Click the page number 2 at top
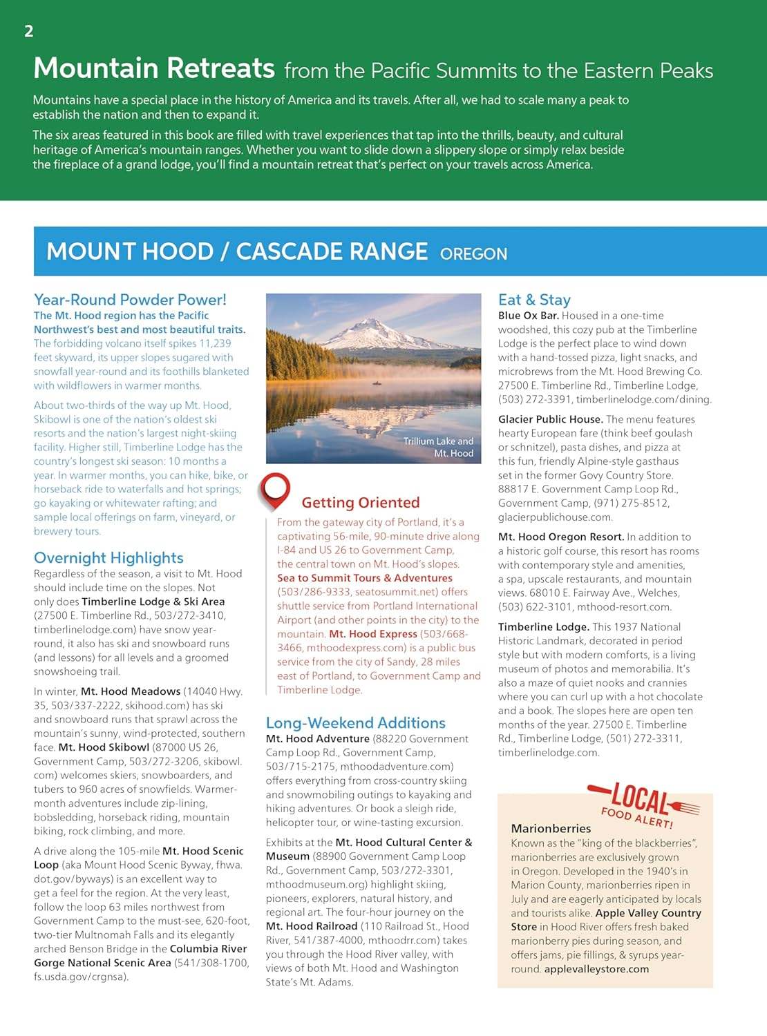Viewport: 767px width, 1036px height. coord(28,31)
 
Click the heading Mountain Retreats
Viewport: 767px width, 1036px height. coord(154,68)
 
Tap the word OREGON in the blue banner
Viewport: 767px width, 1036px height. coord(473,253)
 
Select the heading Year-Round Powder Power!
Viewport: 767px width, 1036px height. coord(130,300)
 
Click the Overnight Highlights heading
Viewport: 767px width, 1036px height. coord(108,558)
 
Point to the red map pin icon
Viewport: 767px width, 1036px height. coord(274,490)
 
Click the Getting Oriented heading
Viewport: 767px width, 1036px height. coord(360,503)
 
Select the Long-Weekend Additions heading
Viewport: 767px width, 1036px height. coord(355,723)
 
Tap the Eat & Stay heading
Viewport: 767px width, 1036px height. coord(534,300)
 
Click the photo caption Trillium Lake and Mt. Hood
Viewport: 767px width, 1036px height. coord(439,448)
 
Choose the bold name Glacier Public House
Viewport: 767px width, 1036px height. coord(550,419)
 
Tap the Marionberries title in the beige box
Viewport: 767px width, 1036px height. coord(551,828)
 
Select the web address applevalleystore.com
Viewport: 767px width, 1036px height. coord(596,969)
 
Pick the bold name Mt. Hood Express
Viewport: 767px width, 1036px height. coord(373,634)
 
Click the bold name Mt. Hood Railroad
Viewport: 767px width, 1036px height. coord(312,926)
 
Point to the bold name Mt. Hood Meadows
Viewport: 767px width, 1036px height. coord(131,691)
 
